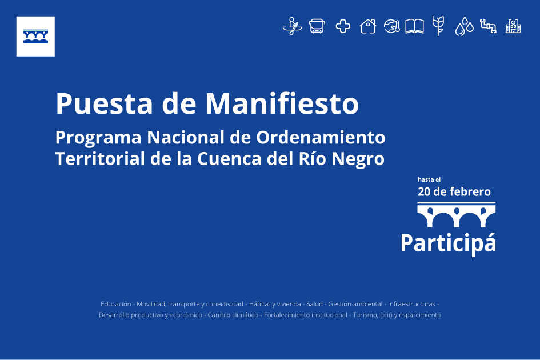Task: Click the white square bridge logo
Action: tap(35, 36)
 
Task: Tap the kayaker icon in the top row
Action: tap(293, 26)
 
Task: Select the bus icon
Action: tap(317, 26)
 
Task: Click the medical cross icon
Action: tap(343, 26)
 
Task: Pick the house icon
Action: tap(368, 26)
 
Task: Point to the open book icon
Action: tap(414, 26)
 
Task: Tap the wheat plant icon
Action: tap(438, 26)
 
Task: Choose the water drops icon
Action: tap(464, 26)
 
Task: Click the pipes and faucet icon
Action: tap(489, 26)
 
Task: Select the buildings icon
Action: tap(513, 26)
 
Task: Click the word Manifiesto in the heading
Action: tap(282, 103)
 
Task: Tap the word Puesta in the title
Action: tap(104, 103)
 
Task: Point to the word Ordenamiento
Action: tap(320, 138)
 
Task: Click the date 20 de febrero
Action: tap(454, 192)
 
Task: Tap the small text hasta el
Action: tap(429, 179)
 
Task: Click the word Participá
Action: tap(449, 243)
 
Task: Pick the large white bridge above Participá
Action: tap(457, 215)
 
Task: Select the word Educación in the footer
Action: tap(115, 304)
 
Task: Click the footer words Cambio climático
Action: tap(233, 315)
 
